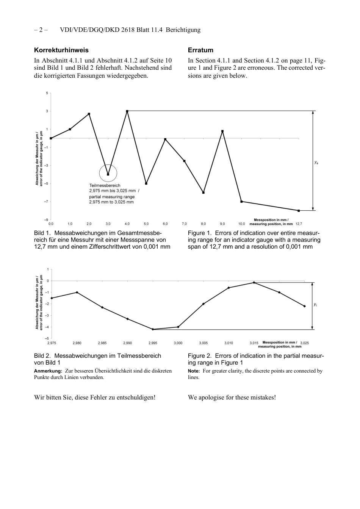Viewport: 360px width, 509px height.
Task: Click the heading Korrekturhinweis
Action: point(61,50)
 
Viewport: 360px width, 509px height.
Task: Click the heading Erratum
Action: point(200,50)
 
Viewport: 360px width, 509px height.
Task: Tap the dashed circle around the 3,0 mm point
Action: point(108,174)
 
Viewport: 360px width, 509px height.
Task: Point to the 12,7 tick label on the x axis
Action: point(299,224)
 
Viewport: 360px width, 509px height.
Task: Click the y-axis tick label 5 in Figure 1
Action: point(47,93)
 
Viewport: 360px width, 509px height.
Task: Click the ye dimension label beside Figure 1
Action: point(316,162)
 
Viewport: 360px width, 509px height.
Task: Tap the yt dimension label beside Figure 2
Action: point(315,305)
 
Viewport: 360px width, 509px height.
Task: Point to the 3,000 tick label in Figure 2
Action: point(178,343)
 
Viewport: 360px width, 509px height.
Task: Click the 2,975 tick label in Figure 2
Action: point(52,343)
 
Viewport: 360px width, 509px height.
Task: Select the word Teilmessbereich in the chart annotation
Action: point(105,185)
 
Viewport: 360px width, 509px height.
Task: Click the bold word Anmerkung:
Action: point(48,371)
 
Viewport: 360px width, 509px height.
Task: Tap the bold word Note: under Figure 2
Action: point(194,371)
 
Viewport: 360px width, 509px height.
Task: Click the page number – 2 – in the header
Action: point(41,30)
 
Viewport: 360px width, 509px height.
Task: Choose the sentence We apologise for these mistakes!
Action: point(232,397)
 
